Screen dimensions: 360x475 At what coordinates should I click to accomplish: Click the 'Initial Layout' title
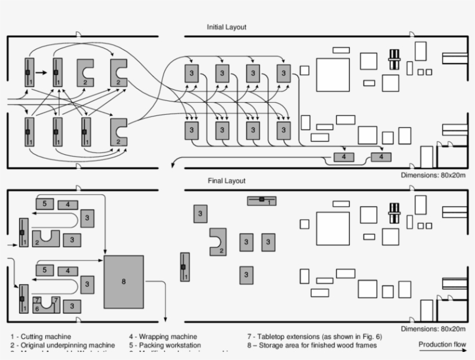[227, 27]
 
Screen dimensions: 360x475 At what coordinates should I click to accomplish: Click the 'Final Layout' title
[226, 181]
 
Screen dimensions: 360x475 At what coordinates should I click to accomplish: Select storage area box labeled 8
[123, 282]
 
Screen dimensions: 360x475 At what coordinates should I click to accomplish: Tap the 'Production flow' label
[443, 345]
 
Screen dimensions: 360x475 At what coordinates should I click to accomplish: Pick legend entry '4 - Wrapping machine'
[163, 336]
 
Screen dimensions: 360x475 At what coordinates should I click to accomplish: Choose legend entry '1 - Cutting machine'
[41, 336]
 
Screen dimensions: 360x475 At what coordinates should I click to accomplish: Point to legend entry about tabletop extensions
[315, 336]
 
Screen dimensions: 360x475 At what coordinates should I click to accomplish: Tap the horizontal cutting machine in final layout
[262, 201]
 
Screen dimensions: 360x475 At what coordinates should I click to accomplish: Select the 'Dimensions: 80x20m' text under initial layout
[433, 175]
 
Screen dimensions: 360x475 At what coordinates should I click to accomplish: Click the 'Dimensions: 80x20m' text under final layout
[433, 329]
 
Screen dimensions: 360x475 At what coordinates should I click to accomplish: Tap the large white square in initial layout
[333, 75]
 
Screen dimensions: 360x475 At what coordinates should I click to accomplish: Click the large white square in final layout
[333, 228]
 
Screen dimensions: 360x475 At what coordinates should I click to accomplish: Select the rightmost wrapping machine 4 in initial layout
[381, 157]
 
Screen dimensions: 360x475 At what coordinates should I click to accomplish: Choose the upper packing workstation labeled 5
[45, 203]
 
